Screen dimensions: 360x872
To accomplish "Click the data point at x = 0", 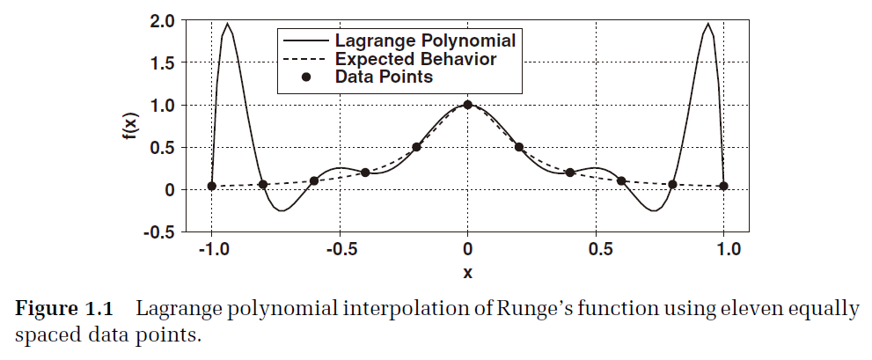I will (x=467, y=105).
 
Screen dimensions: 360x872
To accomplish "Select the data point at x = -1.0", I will (x=211, y=186).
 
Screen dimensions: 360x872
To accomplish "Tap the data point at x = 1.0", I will (x=723, y=186).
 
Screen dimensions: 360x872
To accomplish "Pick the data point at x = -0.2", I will (x=416, y=147).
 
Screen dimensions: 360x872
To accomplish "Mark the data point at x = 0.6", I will (x=621, y=181).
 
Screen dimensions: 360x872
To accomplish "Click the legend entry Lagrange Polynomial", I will (x=424, y=40).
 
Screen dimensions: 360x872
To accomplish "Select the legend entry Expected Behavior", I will (x=415, y=59).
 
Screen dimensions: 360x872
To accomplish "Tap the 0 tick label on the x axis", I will (x=467, y=250).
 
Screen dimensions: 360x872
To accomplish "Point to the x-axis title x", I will (x=467, y=273).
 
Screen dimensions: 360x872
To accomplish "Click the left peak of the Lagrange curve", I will (x=228, y=25).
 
